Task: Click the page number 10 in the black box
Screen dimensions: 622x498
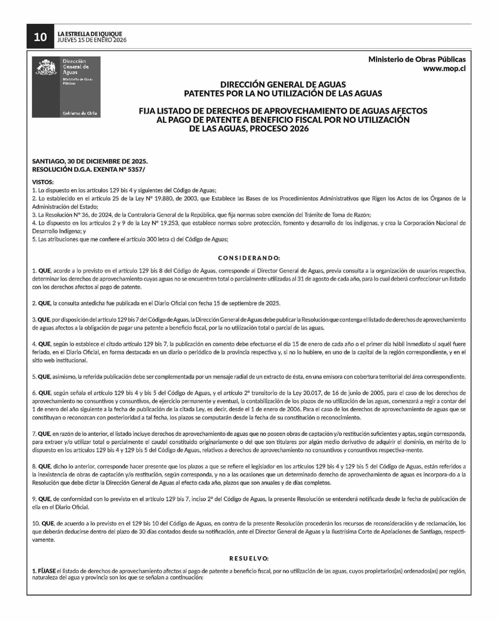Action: pyautogui.click(x=40, y=37)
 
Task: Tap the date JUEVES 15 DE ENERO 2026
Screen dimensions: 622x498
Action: pyautogui.click(x=92, y=40)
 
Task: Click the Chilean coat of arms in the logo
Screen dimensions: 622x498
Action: pyautogui.click(x=46, y=67)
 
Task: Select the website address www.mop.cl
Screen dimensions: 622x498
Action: pyautogui.click(x=444, y=69)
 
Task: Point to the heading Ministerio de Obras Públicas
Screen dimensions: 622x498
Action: pyautogui.click(x=417, y=60)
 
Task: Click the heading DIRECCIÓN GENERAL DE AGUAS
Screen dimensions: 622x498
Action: pyautogui.click(x=283, y=85)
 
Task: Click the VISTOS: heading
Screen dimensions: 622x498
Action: pyautogui.click(x=43, y=182)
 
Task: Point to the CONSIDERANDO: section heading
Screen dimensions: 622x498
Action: pyautogui.click(x=249, y=258)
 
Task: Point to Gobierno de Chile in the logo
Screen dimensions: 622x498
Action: pyautogui.click(x=80, y=113)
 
